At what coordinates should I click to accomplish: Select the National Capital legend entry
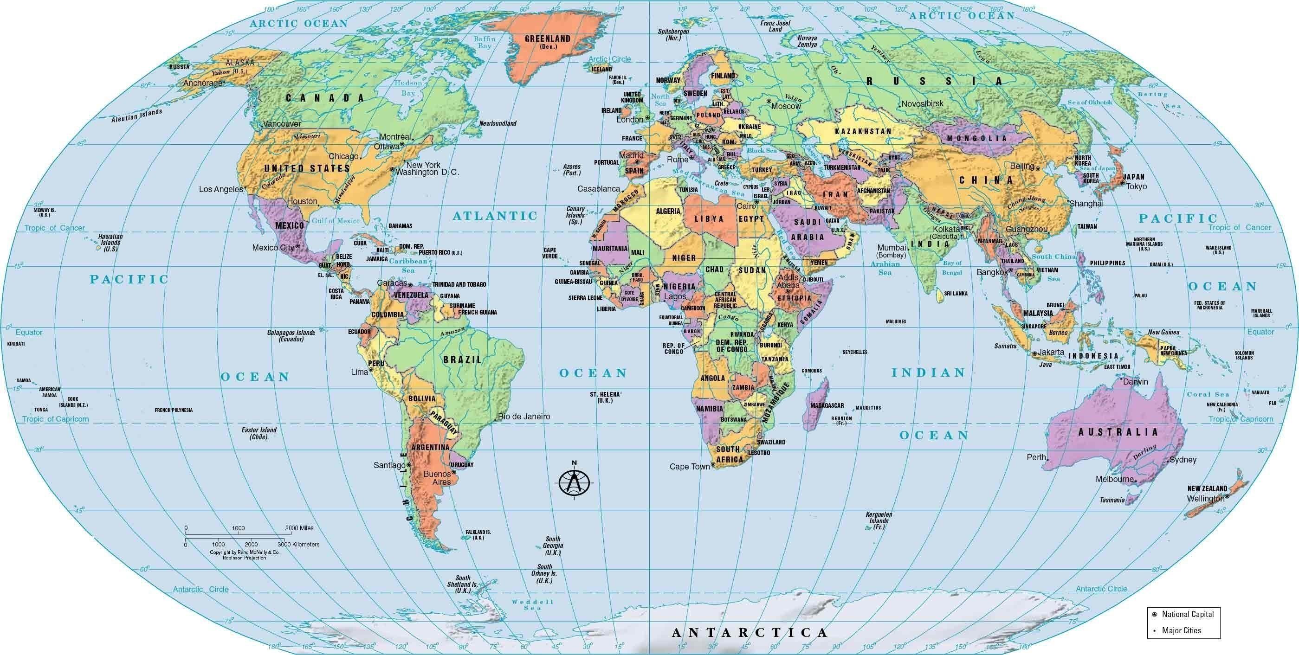[x=1188, y=614]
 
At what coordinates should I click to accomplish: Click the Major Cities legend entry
[x=1181, y=630]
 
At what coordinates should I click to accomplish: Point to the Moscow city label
[x=786, y=106]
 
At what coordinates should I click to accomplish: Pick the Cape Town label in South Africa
[x=689, y=467]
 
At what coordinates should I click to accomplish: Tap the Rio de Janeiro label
[x=524, y=417]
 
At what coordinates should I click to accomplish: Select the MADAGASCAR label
[x=827, y=405]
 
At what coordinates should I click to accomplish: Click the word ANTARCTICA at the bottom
[x=750, y=632]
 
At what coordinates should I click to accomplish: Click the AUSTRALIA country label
[x=1118, y=432]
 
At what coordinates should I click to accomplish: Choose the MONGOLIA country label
[x=976, y=138]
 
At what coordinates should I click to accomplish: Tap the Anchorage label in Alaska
[x=202, y=83]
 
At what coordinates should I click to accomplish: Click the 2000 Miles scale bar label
[x=299, y=528]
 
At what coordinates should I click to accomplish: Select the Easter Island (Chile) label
[x=259, y=433]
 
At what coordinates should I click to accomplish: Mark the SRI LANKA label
[x=956, y=293]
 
